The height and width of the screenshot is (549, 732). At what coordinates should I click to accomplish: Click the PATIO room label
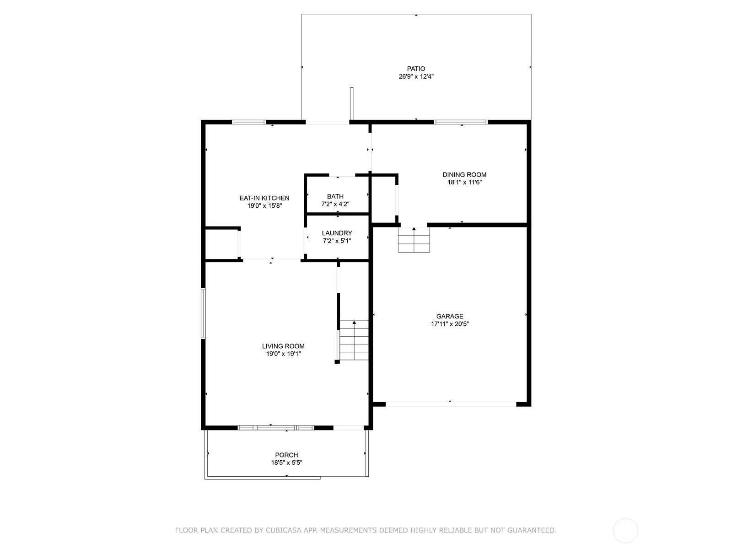pos(416,69)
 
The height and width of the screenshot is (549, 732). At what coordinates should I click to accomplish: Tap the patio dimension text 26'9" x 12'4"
pos(416,77)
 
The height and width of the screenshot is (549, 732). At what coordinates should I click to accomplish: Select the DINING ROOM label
pos(464,174)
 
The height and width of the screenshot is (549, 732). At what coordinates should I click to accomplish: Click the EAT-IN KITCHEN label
pos(264,198)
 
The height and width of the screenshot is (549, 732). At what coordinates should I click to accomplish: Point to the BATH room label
pos(335,196)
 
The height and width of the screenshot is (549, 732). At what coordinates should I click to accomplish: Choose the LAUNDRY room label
pos(337,233)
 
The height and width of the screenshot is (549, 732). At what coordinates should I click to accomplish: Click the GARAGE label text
pos(450,316)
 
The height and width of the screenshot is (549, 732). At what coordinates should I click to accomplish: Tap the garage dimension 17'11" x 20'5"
pos(450,324)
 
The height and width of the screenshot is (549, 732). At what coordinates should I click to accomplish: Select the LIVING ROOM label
pos(283,346)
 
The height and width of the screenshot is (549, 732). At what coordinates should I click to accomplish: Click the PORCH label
pos(286,455)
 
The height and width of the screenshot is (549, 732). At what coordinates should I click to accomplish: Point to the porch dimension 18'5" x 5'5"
pos(286,463)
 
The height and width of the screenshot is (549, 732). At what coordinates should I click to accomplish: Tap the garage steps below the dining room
pos(414,240)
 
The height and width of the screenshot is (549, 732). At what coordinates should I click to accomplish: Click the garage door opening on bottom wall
pos(451,404)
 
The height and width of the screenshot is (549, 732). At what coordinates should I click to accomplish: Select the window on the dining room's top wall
pos(461,122)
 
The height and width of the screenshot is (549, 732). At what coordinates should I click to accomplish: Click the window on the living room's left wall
pos(204,313)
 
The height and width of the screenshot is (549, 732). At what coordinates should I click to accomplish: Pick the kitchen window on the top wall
pos(249,122)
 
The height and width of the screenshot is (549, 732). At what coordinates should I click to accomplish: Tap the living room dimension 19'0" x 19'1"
pos(283,354)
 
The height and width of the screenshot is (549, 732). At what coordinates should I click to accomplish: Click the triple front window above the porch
pos(275,428)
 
